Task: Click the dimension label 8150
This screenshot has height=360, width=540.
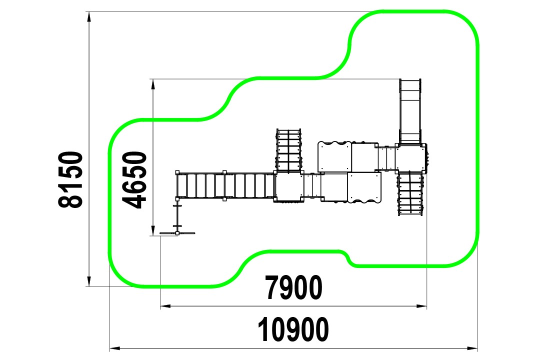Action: (x=70, y=179)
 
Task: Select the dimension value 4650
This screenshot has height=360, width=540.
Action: (x=134, y=180)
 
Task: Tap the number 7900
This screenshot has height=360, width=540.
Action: (x=294, y=287)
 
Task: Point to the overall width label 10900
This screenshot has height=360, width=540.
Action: (x=293, y=329)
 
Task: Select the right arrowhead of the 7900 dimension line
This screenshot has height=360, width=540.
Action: (x=421, y=306)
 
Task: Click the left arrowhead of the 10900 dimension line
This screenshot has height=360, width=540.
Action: (x=115, y=348)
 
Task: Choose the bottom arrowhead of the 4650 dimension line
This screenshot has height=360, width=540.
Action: (x=152, y=230)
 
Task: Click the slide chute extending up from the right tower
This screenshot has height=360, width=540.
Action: (x=410, y=111)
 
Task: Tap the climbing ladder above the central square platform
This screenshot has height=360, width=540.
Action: (x=288, y=150)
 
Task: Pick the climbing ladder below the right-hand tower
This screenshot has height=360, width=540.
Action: (x=410, y=193)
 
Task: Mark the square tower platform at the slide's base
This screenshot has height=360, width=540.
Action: (x=410, y=157)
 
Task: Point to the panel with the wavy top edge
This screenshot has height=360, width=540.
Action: (x=334, y=156)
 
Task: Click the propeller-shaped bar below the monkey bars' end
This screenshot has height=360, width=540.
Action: (x=177, y=233)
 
